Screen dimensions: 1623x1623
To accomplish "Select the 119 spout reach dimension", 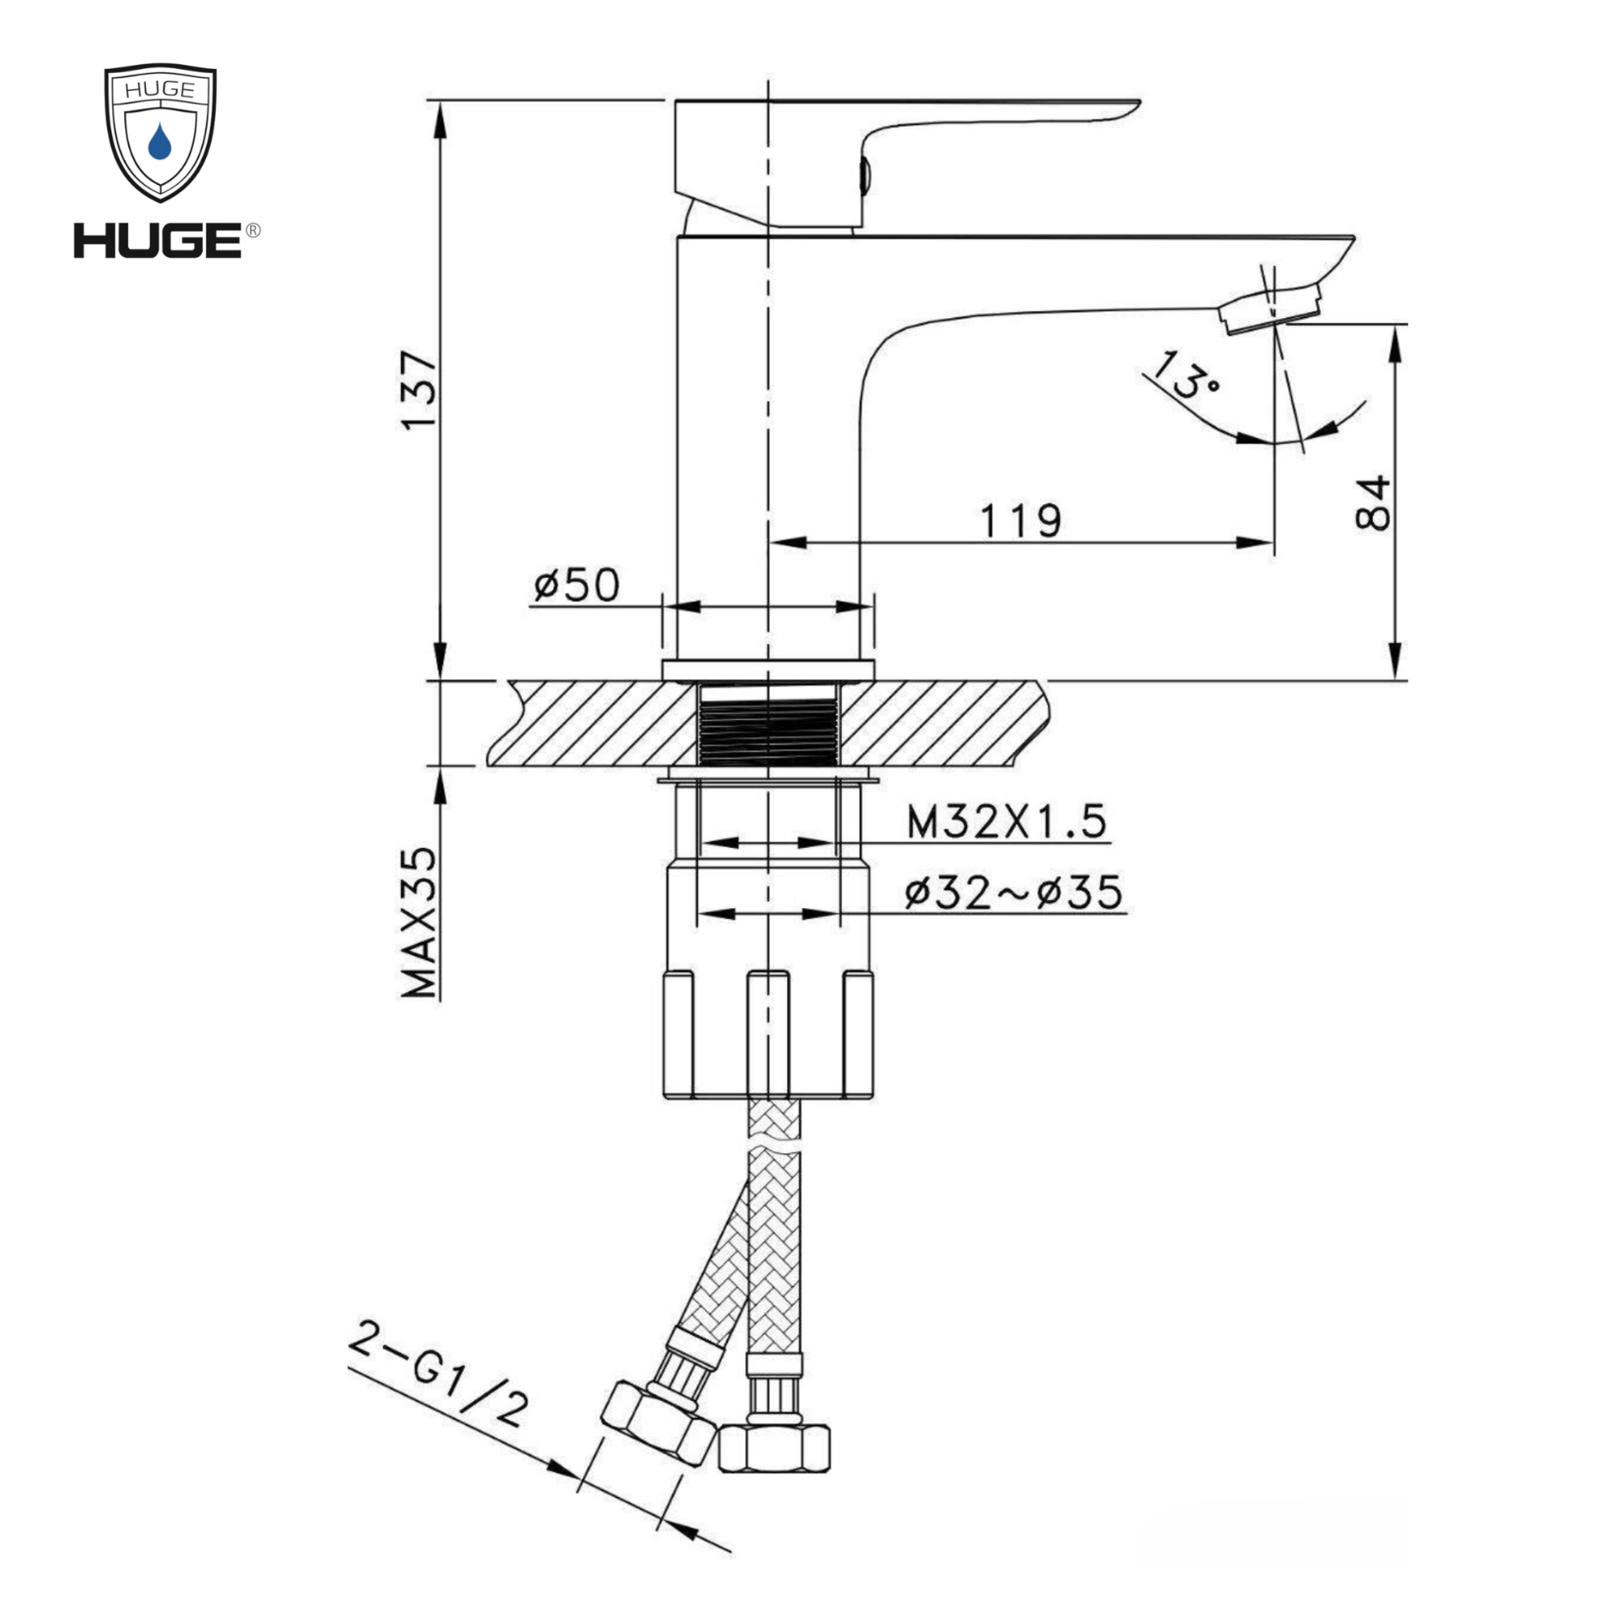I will [x=1021, y=521].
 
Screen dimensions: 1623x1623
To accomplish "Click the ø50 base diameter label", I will [x=576, y=583].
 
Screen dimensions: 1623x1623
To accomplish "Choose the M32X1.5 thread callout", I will [x=1006, y=821].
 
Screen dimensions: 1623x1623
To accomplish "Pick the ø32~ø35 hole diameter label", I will [x=1013, y=892].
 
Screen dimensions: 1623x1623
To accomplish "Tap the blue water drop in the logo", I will [x=160, y=142].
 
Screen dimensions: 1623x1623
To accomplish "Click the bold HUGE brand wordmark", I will [x=158, y=240].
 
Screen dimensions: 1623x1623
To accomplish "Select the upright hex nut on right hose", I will [x=773, y=1448].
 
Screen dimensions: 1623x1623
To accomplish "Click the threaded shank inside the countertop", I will [x=768, y=725].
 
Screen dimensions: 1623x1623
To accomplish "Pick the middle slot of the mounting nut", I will [x=768, y=1034].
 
